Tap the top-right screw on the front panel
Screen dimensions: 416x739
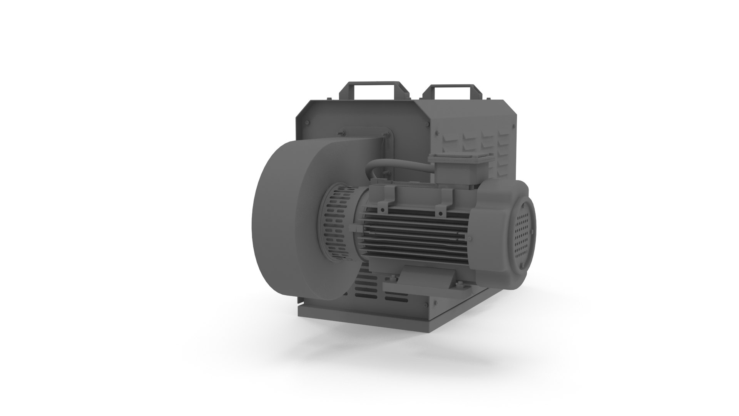[x=427, y=124]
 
